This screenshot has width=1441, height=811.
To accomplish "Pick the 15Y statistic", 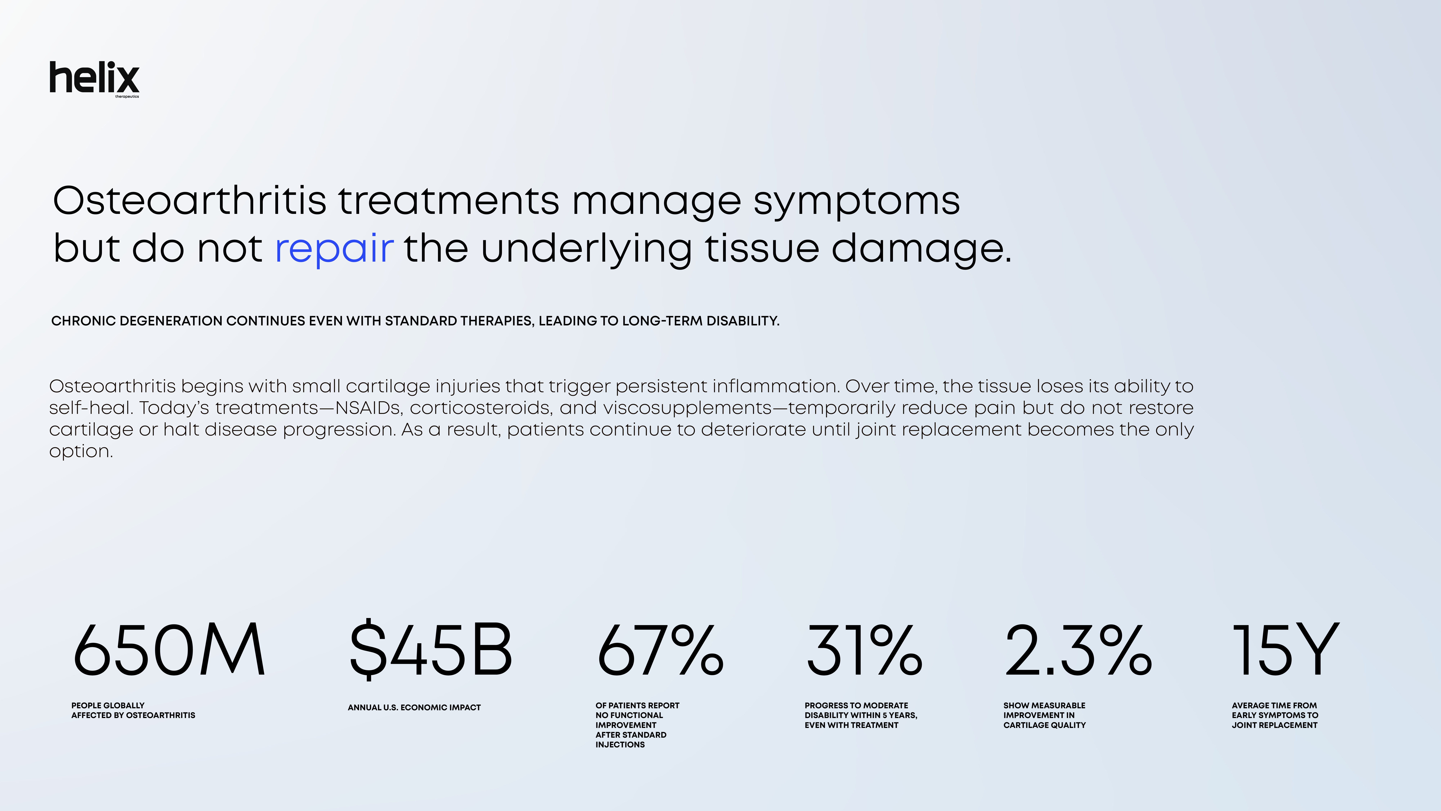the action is coord(1286,649).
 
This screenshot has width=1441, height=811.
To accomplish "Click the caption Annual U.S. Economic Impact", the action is coord(414,707).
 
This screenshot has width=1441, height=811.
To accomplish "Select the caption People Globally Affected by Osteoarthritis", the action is coord(133,710).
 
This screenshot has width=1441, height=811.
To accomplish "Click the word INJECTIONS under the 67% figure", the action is coord(620,744).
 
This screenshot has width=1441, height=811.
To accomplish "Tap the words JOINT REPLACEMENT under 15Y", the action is coord(1274,725).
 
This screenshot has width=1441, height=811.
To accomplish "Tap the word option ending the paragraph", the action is coord(81,451).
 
